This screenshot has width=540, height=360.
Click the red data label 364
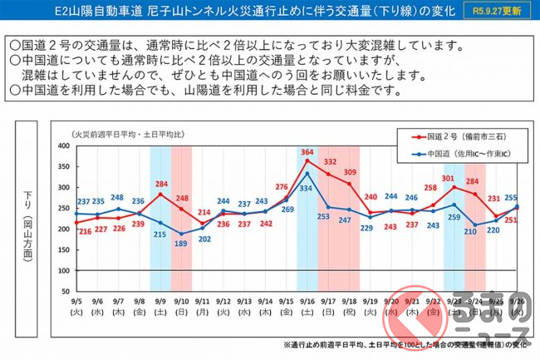coord(307,152)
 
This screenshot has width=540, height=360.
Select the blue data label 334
coord(307,189)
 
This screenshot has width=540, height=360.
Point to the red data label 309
coord(350,172)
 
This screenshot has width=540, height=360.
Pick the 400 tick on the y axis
coord(63,145)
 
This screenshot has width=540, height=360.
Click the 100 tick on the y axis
coord(63,271)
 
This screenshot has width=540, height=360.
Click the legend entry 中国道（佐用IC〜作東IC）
coord(465,153)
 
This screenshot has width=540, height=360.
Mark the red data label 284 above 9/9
coord(161,184)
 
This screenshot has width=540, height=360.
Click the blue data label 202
coord(204,239)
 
